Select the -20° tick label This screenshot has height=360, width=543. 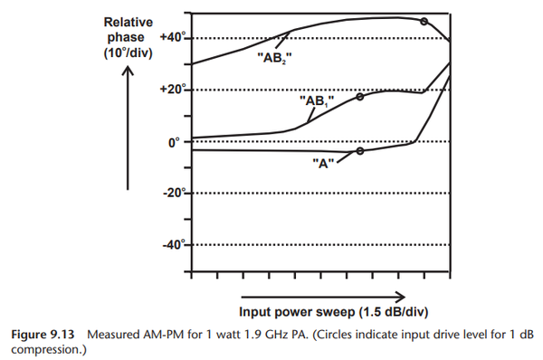[x=171, y=193]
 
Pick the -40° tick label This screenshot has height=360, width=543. [x=171, y=244]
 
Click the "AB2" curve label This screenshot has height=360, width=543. [x=275, y=55]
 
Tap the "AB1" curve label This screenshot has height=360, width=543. [x=318, y=101]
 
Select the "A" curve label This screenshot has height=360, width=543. [x=323, y=165]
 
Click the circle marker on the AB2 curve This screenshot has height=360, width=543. [x=424, y=21]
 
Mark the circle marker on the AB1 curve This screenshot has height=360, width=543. [x=360, y=96]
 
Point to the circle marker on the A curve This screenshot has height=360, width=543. [x=360, y=151]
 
